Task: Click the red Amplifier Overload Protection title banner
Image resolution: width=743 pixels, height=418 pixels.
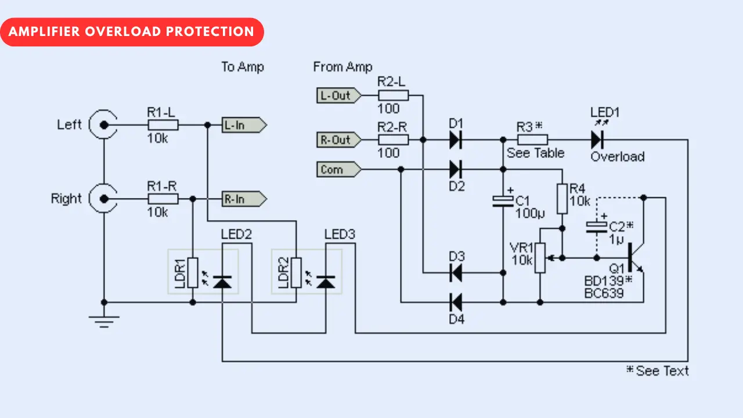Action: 132,32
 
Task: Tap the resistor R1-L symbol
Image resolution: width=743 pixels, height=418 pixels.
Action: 163,125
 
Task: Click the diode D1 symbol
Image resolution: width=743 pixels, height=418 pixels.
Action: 456,140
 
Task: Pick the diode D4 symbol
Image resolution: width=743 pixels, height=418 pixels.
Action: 456,302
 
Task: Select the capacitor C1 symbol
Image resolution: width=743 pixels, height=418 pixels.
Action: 503,201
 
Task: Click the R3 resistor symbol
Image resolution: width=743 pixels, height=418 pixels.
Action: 532,140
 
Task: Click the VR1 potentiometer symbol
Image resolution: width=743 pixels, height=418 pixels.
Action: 540,257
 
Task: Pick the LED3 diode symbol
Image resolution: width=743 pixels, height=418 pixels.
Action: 327,282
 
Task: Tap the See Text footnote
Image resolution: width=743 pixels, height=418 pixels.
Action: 657,371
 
